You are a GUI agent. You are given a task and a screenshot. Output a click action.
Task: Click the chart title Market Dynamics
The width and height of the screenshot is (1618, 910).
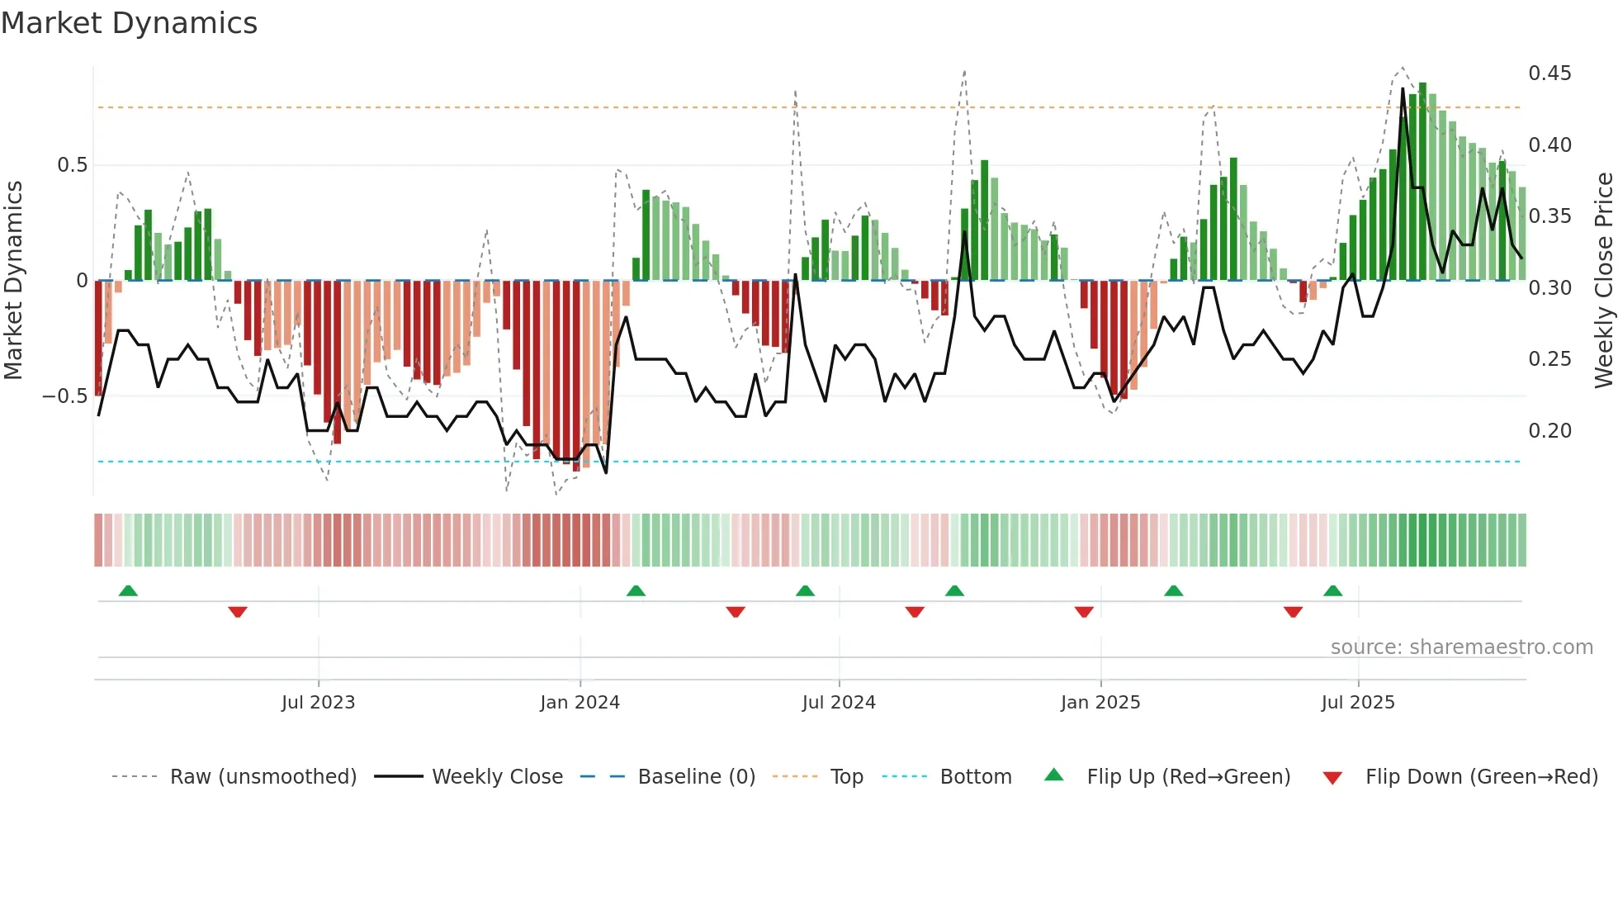pos(129,23)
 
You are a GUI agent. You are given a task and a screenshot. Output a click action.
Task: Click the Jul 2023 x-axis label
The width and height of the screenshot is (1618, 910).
pos(318,703)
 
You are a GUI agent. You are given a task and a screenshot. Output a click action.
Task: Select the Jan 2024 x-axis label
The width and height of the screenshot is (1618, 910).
pos(580,703)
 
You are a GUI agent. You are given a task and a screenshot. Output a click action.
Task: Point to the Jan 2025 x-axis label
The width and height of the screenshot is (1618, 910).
pos(1100,703)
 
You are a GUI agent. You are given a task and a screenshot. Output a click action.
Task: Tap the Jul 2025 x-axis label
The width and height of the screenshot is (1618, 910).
pos(1357,703)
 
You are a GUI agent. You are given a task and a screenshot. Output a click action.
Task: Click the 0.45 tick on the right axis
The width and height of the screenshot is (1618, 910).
pos(1549,73)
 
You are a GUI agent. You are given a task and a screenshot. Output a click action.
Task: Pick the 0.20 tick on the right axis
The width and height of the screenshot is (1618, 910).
pos(1549,431)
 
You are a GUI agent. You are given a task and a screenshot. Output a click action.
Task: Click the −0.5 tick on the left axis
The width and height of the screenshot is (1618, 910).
pos(64,396)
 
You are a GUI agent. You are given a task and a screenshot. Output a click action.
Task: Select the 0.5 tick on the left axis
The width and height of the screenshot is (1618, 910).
pos(72,165)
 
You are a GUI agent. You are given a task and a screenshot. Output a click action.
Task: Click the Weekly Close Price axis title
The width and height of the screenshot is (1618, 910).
pos(1603,281)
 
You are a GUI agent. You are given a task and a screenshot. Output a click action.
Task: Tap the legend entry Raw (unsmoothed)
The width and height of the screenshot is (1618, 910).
pos(263,777)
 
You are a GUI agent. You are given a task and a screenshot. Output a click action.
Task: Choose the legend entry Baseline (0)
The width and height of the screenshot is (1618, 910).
pos(696,777)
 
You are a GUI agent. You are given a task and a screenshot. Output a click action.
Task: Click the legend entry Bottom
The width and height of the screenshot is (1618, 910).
pos(975,777)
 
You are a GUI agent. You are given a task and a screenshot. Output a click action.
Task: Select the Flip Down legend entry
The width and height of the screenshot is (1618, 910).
pos(1481,777)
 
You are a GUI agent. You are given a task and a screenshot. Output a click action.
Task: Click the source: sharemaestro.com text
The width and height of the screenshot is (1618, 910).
pos(1461,647)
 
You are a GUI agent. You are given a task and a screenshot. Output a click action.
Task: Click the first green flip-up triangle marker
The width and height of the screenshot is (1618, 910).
pos(128,591)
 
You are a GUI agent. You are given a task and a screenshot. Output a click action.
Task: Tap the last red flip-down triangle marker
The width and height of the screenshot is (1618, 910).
pos(1293,612)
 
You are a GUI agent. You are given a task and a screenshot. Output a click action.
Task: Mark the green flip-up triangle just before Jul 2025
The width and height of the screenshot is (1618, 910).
pos(1332,591)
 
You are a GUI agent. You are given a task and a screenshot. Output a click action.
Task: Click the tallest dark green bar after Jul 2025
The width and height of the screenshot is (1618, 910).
pos(1422,182)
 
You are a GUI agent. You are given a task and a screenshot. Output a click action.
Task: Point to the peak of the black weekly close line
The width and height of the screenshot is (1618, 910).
pos(1403,89)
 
